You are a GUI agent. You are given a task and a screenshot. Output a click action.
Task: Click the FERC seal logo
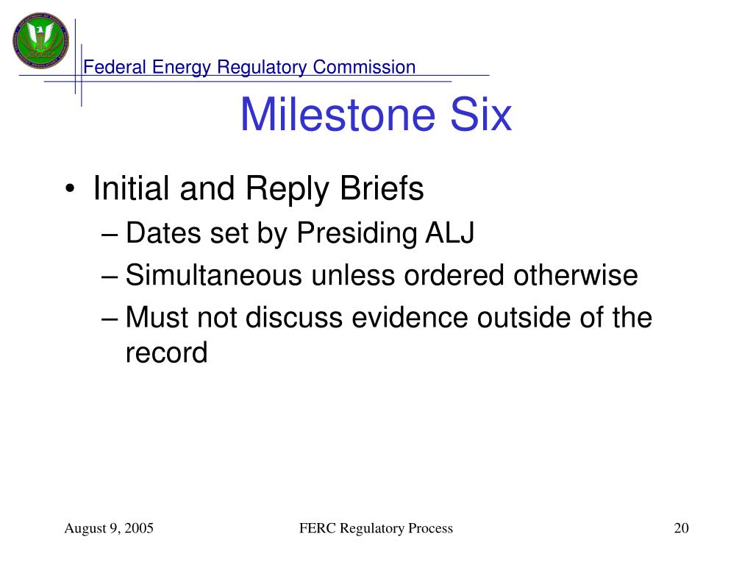(x=41, y=40)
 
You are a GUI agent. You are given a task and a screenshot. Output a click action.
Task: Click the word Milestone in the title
(x=338, y=114)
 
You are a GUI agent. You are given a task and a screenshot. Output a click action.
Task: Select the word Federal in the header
(x=115, y=67)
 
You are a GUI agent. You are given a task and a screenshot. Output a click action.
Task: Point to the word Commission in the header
(x=364, y=67)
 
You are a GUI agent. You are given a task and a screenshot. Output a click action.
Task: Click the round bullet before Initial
(x=70, y=188)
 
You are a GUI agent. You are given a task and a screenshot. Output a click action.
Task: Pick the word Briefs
(x=382, y=188)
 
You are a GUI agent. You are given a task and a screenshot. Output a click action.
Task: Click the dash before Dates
(x=110, y=235)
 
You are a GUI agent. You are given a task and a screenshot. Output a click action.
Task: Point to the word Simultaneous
(x=214, y=275)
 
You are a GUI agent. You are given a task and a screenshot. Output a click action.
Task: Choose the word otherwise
(x=575, y=275)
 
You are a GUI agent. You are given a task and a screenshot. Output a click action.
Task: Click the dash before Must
(x=110, y=319)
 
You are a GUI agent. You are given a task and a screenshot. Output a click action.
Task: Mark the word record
(x=167, y=353)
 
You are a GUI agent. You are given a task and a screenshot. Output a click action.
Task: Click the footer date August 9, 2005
(x=109, y=528)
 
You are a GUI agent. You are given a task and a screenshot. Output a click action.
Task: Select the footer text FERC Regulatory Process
(x=376, y=528)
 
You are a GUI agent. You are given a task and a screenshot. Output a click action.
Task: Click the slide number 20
(x=682, y=528)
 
